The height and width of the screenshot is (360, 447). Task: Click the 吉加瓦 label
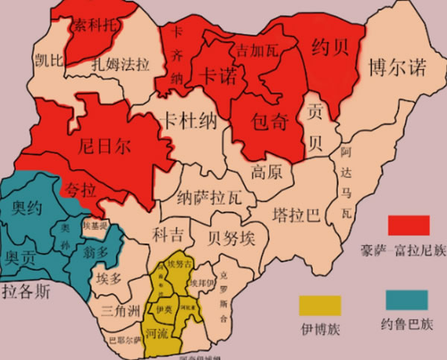pos(257,51)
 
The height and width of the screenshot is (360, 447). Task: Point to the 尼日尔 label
pos(104,145)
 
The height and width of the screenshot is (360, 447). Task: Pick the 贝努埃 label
pos(232,238)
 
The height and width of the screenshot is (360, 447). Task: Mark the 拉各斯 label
pos(26,291)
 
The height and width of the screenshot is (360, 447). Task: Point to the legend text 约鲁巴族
pos(407,325)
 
